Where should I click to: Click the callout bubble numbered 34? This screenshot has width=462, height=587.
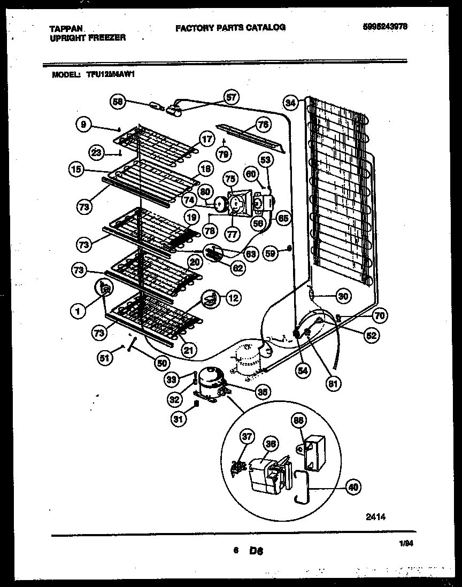290,102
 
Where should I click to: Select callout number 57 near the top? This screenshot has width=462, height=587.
231,97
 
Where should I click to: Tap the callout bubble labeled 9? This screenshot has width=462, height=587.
83,124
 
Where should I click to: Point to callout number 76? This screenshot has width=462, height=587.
262,125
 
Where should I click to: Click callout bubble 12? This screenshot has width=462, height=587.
233,298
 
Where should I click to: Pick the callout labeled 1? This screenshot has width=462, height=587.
78,308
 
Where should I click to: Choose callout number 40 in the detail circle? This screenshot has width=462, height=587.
352,486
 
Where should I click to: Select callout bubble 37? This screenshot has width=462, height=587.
246,437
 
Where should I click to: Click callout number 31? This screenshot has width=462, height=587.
178,420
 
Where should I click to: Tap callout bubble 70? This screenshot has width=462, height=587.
379,315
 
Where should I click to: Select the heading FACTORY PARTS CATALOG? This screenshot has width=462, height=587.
230,27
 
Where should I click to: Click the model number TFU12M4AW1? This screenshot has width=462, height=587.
110,75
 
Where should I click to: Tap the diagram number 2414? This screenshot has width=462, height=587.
375,516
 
